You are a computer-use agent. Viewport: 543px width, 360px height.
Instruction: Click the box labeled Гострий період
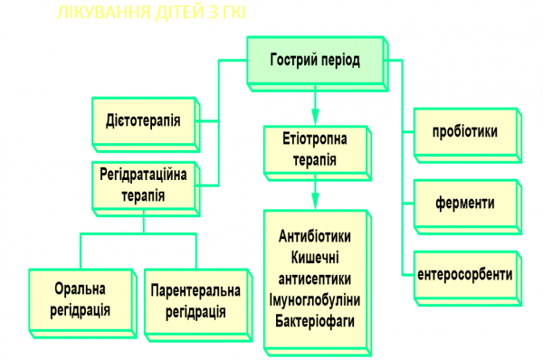click(314, 62)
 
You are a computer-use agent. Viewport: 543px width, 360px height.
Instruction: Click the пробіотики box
click(463, 132)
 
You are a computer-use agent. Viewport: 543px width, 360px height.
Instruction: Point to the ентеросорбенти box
click(464, 273)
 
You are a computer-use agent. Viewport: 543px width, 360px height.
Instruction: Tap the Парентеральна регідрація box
click(195, 300)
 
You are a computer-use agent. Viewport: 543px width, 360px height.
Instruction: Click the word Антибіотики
click(314, 235)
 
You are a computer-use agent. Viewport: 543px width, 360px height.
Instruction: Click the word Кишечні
click(314, 257)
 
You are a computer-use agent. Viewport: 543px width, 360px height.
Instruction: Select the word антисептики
click(314, 279)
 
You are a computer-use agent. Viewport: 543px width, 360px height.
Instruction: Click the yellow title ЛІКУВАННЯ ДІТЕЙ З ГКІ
click(150, 13)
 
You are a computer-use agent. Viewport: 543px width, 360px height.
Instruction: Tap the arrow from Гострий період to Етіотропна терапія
click(314, 101)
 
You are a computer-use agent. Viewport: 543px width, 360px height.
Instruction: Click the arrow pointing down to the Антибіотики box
click(314, 192)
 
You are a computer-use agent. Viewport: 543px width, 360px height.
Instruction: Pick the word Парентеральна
click(195, 290)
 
